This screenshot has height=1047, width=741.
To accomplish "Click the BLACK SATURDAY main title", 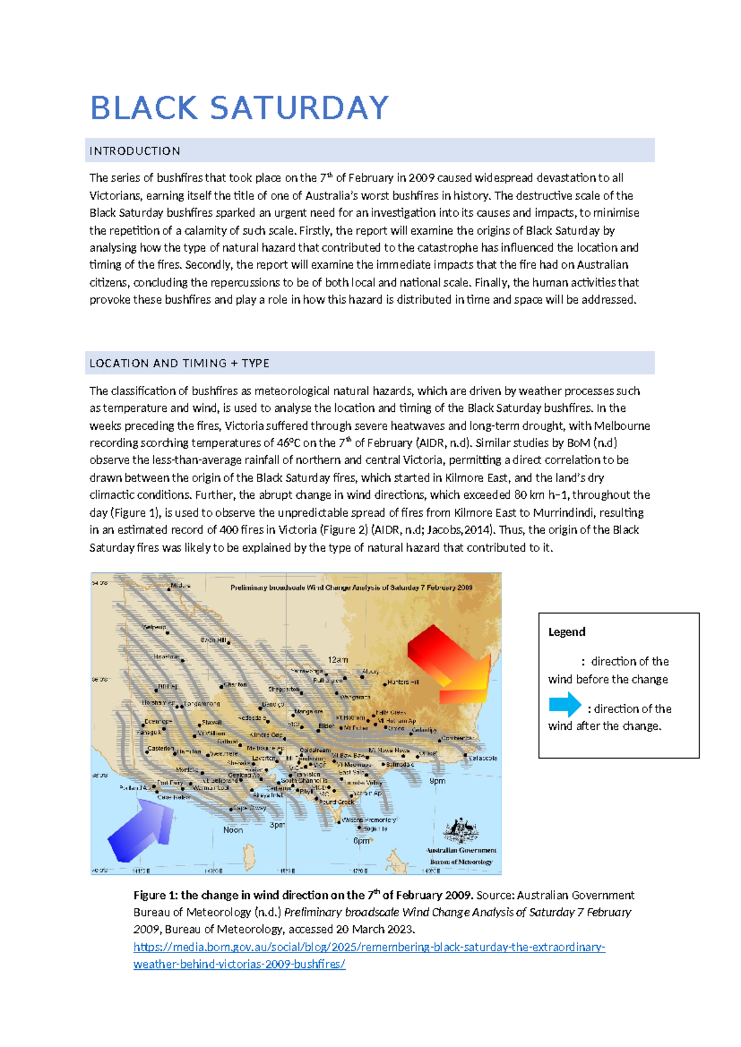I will click(239, 108).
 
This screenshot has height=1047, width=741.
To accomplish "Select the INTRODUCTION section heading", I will click(135, 151).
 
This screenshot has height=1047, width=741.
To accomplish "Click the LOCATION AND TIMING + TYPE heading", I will click(179, 364).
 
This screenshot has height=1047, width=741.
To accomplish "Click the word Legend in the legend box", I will click(566, 632).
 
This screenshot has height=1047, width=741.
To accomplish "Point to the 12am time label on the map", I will click(338, 660).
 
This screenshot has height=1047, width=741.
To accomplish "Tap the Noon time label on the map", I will click(233, 830).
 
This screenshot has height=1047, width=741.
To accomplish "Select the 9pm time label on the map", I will click(437, 781).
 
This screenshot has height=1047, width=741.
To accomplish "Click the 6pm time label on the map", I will click(361, 841).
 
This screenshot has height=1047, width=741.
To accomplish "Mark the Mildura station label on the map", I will click(180, 586).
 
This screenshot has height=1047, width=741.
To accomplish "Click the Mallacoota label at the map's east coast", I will click(482, 758).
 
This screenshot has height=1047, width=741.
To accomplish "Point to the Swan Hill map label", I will click(213, 640).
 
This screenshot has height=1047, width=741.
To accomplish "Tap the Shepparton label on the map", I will click(283, 690).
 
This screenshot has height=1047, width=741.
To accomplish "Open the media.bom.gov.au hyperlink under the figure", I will click(369, 947).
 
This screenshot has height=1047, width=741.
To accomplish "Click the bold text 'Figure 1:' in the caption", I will click(155, 895).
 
